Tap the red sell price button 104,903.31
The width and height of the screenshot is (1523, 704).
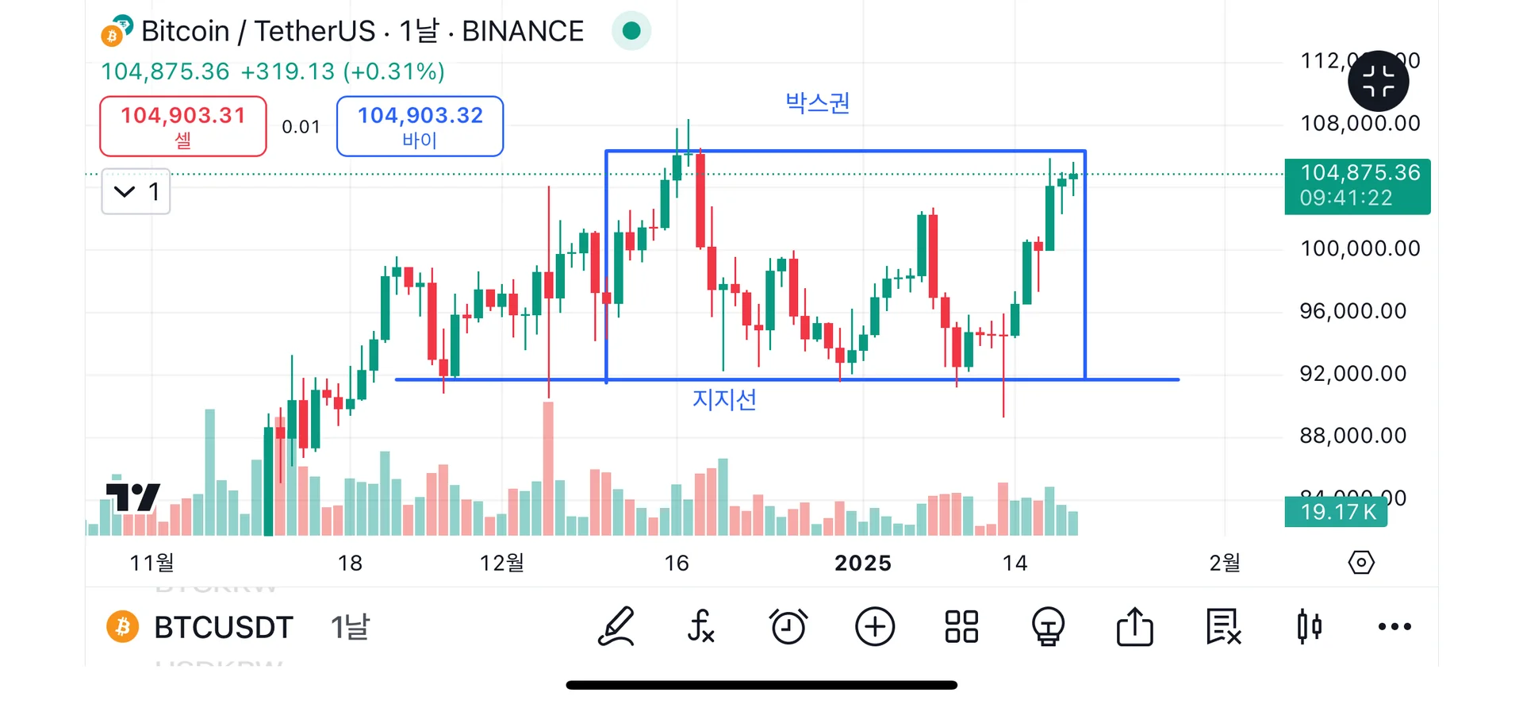pos(182,126)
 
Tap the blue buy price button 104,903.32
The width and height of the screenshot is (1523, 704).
pos(420,126)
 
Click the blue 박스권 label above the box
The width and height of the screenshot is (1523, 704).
pos(817,103)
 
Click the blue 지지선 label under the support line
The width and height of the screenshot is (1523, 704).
pos(724,399)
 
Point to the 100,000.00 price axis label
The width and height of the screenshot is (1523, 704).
pos(1360,248)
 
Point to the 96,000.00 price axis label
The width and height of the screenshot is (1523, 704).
pos(1352,311)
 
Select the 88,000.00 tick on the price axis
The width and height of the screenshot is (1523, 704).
pos(1352,436)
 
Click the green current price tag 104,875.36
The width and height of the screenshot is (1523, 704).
pos(1357,186)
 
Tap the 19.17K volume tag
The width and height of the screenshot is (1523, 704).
pos(1337,512)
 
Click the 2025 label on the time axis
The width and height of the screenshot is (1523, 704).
pos(863,564)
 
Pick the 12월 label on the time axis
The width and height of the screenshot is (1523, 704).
pos(501,564)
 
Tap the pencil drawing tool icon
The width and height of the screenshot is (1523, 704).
pos(616,627)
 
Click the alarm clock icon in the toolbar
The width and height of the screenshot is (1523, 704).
pos(788,627)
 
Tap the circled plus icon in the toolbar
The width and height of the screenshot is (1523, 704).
pos(875,627)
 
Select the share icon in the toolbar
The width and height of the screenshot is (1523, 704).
pos(1134,627)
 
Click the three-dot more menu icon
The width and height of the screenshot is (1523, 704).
pos(1394,627)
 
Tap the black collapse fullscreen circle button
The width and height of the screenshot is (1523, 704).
pos(1379,81)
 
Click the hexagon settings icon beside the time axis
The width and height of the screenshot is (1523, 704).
pos(1361,563)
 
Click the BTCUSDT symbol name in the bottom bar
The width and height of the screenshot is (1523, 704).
pos(223,628)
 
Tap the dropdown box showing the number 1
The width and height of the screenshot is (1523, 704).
pos(136,191)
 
